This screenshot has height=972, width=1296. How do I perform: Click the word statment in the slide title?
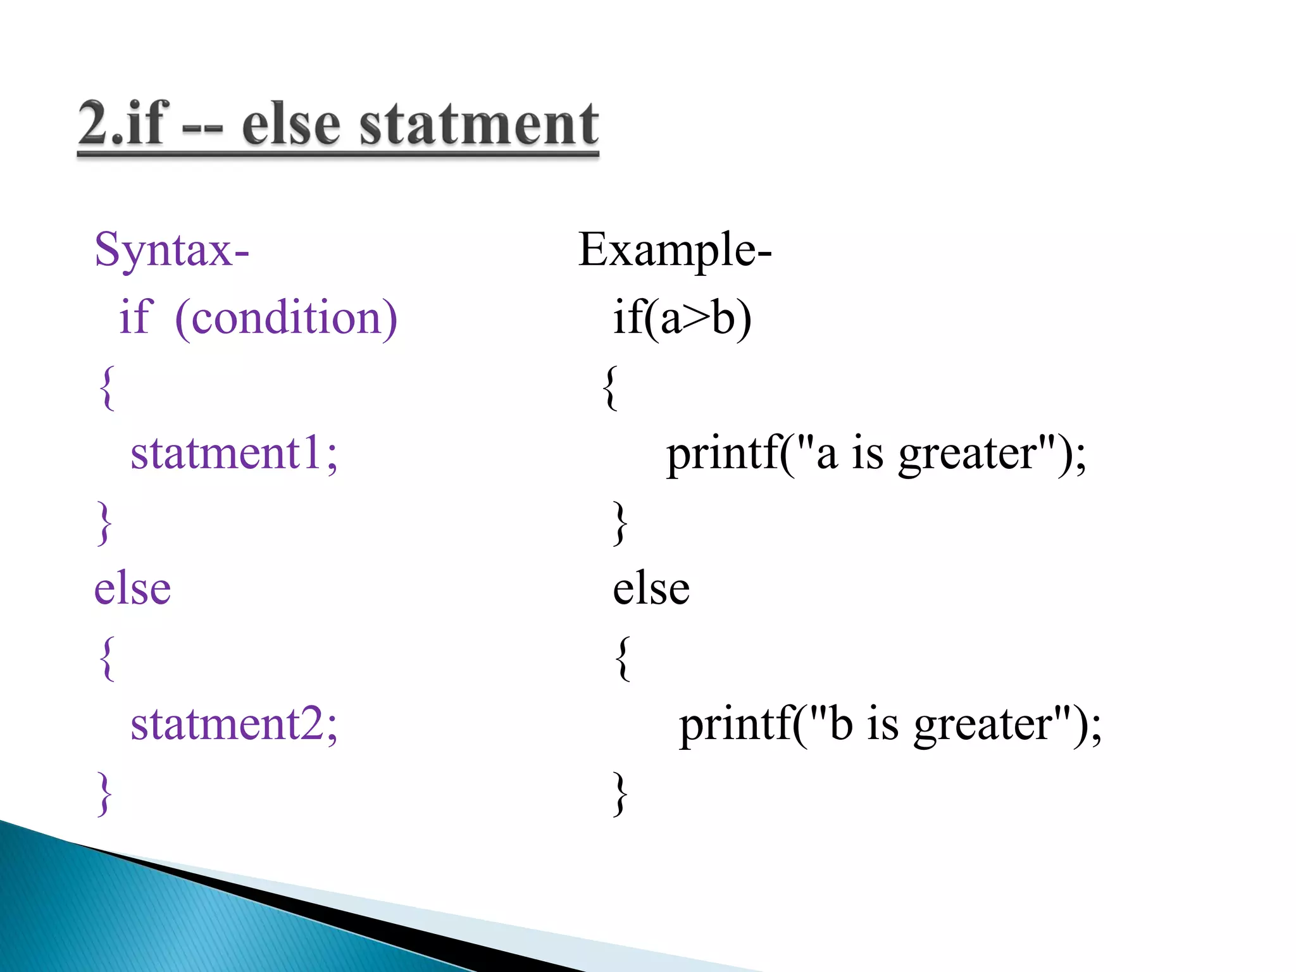click(478, 124)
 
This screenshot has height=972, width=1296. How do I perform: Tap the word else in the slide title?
click(291, 124)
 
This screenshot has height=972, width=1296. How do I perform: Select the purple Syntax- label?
click(171, 251)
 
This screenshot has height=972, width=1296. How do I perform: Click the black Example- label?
click(675, 251)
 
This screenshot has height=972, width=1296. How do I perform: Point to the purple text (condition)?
click(286, 318)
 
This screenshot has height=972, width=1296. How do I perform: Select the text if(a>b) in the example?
click(682, 318)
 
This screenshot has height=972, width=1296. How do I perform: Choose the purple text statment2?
click(234, 724)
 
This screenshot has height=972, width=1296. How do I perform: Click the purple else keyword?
click(132, 589)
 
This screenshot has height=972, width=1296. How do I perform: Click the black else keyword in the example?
click(651, 589)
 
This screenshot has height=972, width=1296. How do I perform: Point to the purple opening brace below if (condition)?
click(107, 387)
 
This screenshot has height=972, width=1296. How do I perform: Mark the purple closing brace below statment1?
click(104, 523)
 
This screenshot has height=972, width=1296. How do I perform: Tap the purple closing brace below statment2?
click(104, 794)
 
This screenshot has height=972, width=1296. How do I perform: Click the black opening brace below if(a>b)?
click(610, 387)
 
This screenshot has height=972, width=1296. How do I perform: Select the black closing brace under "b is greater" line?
click(621, 794)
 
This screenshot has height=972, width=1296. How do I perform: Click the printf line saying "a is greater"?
click(876, 454)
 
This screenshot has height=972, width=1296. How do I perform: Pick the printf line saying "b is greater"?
click(890, 725)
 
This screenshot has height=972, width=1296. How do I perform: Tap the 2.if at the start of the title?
click(124, 124)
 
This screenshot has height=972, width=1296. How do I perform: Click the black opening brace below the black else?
click(623, 658)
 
